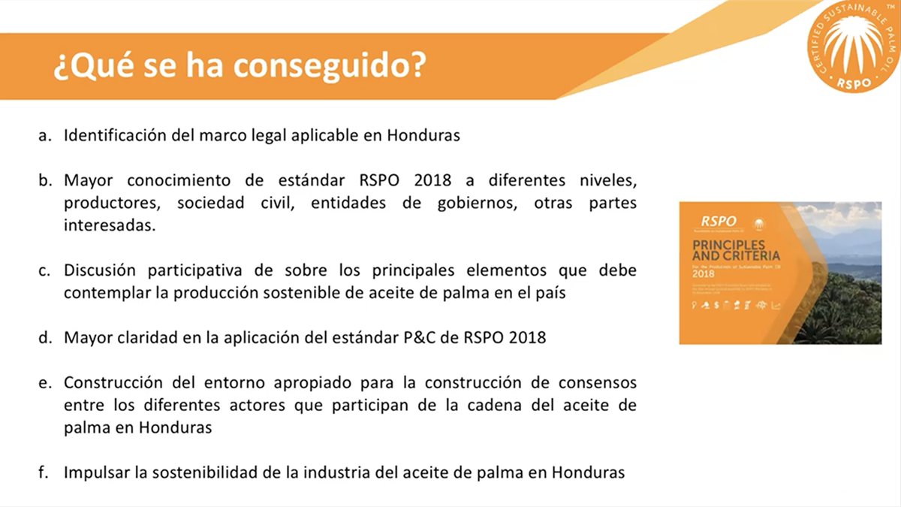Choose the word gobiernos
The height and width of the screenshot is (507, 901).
point(470,203)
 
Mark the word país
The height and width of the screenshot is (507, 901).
point(548,293)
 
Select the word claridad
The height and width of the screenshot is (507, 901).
point(143,338)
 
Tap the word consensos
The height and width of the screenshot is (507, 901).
point(598,383)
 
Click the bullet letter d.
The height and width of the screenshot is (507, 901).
point(45,338)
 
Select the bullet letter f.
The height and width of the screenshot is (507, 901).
point(44,473)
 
